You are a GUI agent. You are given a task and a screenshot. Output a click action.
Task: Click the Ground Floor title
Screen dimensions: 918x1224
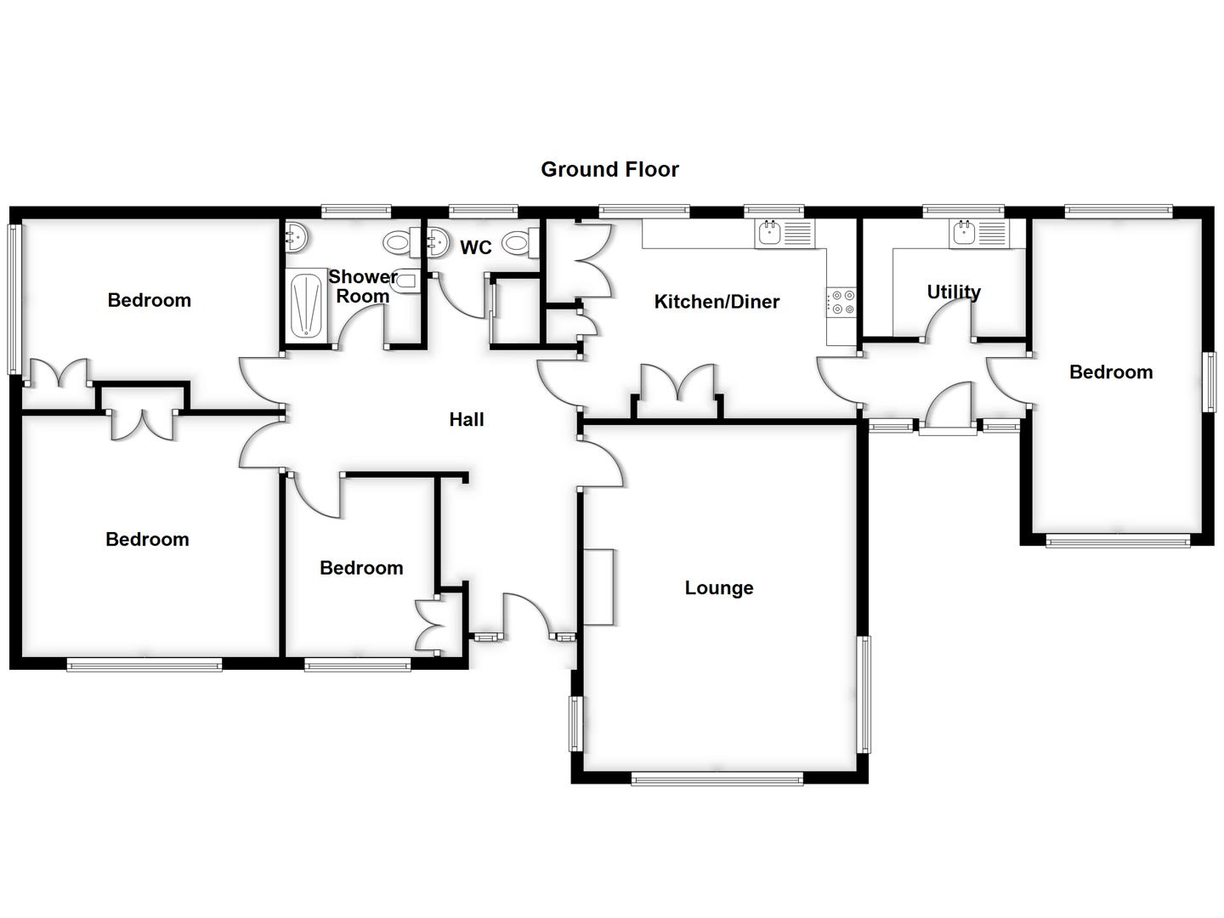pyautogui.click(x=609, y=169)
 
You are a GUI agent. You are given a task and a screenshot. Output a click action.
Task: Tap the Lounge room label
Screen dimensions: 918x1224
pyautogui.click(x=719, y=588)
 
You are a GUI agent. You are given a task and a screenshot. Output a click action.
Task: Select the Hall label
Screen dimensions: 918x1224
pyautogui.click(x=467, y=419)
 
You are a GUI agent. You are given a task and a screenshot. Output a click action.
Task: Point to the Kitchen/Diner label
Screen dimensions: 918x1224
pyautogui.click(x=717, y=302)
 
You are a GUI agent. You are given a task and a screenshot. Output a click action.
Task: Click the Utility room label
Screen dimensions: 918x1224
pyautogui.click(x=954, y=292)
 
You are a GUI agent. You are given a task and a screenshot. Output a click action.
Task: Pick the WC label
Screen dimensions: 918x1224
pyautogui.click(x=476, y=247)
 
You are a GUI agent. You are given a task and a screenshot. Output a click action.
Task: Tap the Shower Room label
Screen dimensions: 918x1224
pyautogui.click(x=363, y=286)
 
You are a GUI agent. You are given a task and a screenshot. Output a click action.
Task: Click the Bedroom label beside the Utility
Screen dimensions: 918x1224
pyautogui.click(x=1111, y=372)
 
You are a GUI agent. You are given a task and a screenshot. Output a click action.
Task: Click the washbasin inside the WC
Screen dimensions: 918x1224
pyautogui.click(x=437, y=243)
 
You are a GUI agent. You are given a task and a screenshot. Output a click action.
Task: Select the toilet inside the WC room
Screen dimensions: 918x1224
pyautogui.click(x=518, y=244)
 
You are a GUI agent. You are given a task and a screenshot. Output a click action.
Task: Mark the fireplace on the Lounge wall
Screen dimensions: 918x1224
pyautogui.click(x=598, y=587)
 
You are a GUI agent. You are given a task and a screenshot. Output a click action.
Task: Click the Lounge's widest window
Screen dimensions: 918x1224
pyautogui.click(x=717, y=778)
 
